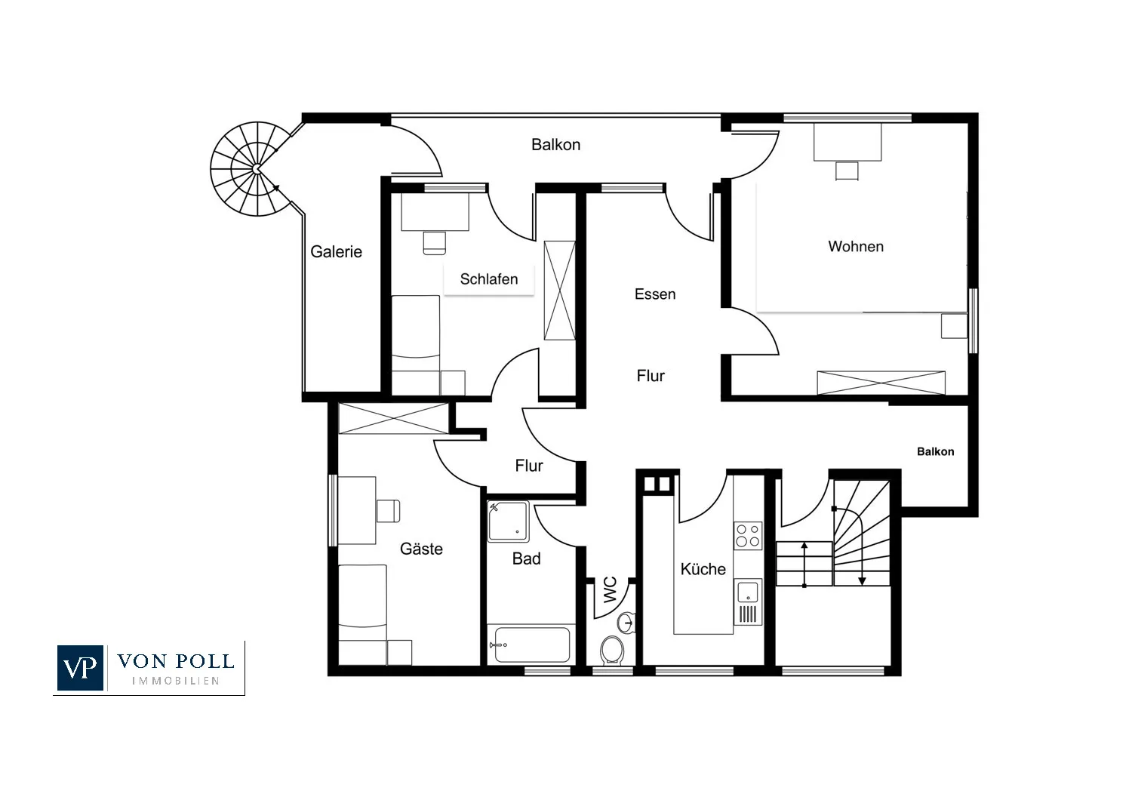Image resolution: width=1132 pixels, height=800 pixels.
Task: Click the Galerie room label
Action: pyautogui.click(x=336, y=251)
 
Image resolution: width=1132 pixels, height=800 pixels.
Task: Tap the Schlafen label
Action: pyautogui.click(x=489, y=279)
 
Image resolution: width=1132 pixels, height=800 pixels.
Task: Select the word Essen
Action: pyautogui.click(x=655, y=294)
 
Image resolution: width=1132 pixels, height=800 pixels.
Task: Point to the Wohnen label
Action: pyautogui.click(x=856, y=247)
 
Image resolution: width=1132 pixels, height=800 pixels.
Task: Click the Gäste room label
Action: pyautogui.click(x=421, y=549)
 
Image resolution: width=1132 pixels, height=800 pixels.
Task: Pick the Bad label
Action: pyautogui.click(x=526, y=558)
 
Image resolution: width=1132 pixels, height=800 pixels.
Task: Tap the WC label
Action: pyautogui.click(x=611, y=589)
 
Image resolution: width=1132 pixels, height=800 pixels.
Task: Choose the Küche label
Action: pyautogui.click(x=703, y=569)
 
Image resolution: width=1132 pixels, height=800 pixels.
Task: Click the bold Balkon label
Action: pyautogui.click(x=936, y=452)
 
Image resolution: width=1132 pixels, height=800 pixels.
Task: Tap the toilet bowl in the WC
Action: pyautogui.click(x=612, y=649)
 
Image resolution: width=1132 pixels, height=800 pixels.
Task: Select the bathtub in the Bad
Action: pyautogui.click(x=531, y=645)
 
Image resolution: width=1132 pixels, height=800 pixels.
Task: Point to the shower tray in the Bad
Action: pyautogui.click(x=508, y=522)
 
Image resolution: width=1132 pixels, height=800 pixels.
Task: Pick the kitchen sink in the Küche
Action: pyautogui.click(x=747, y=591)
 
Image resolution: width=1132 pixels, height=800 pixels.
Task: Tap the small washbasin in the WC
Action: pyautogui.click(x=626, y=622)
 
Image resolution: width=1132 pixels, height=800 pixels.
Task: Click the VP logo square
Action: pyautogui.click(x=80, y=668)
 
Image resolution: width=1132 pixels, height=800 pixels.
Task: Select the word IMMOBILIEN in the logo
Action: pyautogui.click(x=175, y=682)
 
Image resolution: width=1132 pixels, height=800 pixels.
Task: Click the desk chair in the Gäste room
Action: pyautogui.click(x=388, y=511)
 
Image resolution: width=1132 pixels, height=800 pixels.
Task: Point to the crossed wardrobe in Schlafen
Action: pyautogui.click(x=559, y=291)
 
